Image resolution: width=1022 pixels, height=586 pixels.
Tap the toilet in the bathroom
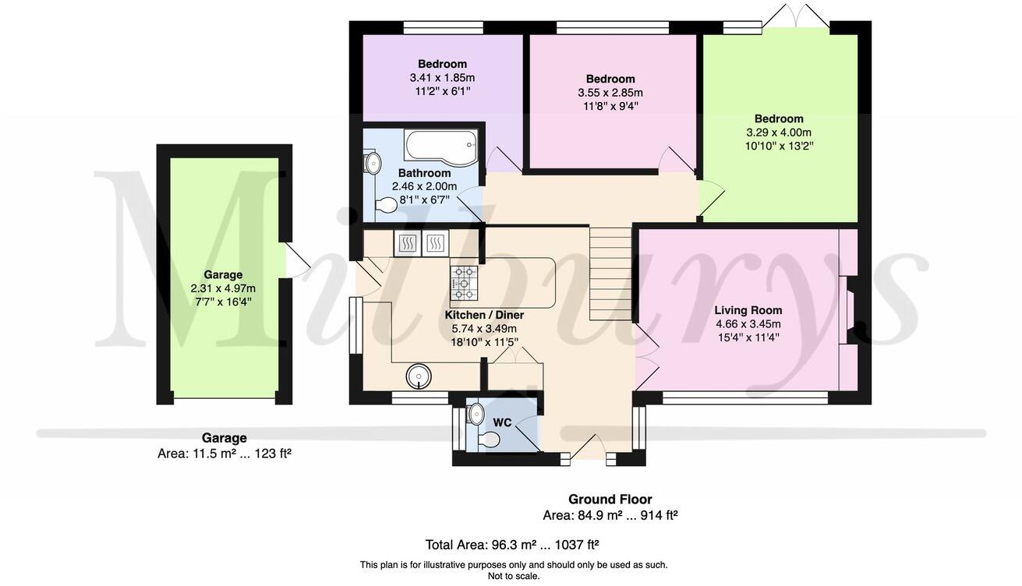pyautogui.click(x=387, y=205)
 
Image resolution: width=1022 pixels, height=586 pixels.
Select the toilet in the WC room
pyautogui.click(x=489, y=439)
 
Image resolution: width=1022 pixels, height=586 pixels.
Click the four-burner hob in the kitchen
pyautogui.click(x=464, y=283)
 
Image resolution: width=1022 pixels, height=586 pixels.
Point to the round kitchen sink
pyautogui.click(x=419, y=377)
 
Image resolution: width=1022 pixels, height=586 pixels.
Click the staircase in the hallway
pyautogui.click(x=610, y=274)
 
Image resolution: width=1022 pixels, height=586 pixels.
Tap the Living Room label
pyautogui.click(x=748, y=310)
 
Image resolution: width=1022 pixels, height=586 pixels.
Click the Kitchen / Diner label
pyautogui.click(x=484, y=315)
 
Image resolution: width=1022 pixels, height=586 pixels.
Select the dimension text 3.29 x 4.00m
pyautogui.click(x=779, y=132)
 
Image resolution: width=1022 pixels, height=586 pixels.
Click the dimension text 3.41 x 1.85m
pyautogui.click(x=442, y=78)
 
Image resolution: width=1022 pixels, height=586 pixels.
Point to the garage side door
pyautogui.click(x=296, y=260)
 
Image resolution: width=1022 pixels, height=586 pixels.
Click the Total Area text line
pyautogui.click(x=511, y=545)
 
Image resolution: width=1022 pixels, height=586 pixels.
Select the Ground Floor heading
pyautogui.click(x=610, y=500)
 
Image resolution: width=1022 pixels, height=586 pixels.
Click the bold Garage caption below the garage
pyautogui.click(x=224, y=438)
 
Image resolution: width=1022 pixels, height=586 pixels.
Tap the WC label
pyautogui.click(x=502, y=422)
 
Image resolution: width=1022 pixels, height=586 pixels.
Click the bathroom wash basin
pyautogui.click(x=373, y=163)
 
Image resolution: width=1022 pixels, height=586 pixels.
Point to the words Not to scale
pyautogui.click(x=513, y=576)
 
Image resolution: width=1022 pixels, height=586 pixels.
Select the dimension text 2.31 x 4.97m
pyautogui.click(x=223, y=288)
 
